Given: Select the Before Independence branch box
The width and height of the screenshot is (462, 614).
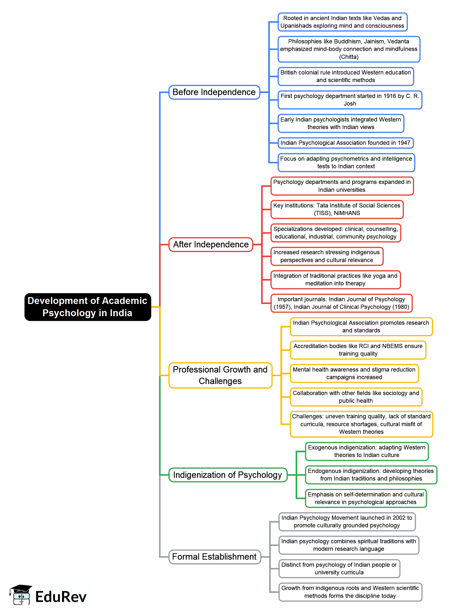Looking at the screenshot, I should pos(214,92).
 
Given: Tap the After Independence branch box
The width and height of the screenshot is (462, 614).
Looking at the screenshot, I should pos(211,244).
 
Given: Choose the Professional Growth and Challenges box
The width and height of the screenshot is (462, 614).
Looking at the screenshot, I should pos(220,375).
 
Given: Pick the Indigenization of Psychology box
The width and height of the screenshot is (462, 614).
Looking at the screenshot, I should pos(228,475).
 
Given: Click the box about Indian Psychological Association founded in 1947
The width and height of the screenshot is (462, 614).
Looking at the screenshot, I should pos(345,143).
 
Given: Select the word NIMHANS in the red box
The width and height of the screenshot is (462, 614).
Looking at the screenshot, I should pos(347,213).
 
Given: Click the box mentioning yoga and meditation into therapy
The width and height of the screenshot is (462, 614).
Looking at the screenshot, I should pos(335,279).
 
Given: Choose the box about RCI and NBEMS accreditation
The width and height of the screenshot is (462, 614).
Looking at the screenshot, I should pos(358,350).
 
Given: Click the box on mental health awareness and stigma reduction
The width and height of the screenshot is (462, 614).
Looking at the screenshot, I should pos(354,373).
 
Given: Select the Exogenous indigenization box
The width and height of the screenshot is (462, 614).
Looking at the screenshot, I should pos(367,451).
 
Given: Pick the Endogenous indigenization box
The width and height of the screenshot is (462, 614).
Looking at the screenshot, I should pos(371,475).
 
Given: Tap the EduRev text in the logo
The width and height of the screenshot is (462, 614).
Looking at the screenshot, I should pos(61,597).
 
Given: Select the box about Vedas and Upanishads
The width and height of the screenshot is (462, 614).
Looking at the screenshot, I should pos(342,22).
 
